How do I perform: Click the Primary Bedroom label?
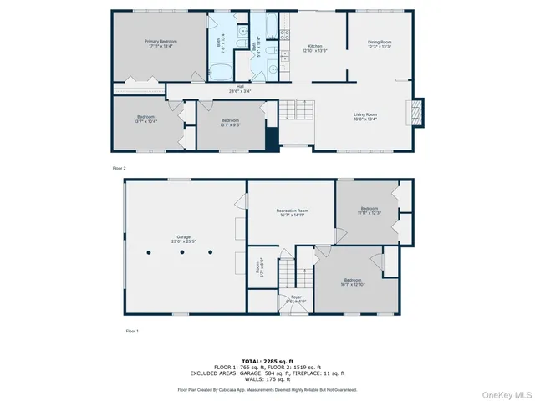click(x=158, y=43)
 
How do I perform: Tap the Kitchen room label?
click(x=315, y=48)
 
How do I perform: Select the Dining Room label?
click(x=380, y=43)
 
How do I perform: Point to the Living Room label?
click(x=364, y=116)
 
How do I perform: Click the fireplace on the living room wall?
click(x=415, y=113)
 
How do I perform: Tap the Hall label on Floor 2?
click(x=240, y=88)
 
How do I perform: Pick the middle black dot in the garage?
click(x=181, y=251)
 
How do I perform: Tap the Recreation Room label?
click(x=293, y=213)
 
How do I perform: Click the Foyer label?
click(x=296, y=298)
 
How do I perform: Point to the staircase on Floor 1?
click(x=286, y=272)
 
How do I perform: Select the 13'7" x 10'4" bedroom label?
click(x=145, y=119)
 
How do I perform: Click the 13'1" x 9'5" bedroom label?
click(x=230, y=122)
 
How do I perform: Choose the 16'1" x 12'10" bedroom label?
click(x=352, y=282)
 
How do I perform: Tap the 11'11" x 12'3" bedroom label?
click(x=369, y=210)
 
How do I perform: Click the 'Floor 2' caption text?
click(x=119, y=168)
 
